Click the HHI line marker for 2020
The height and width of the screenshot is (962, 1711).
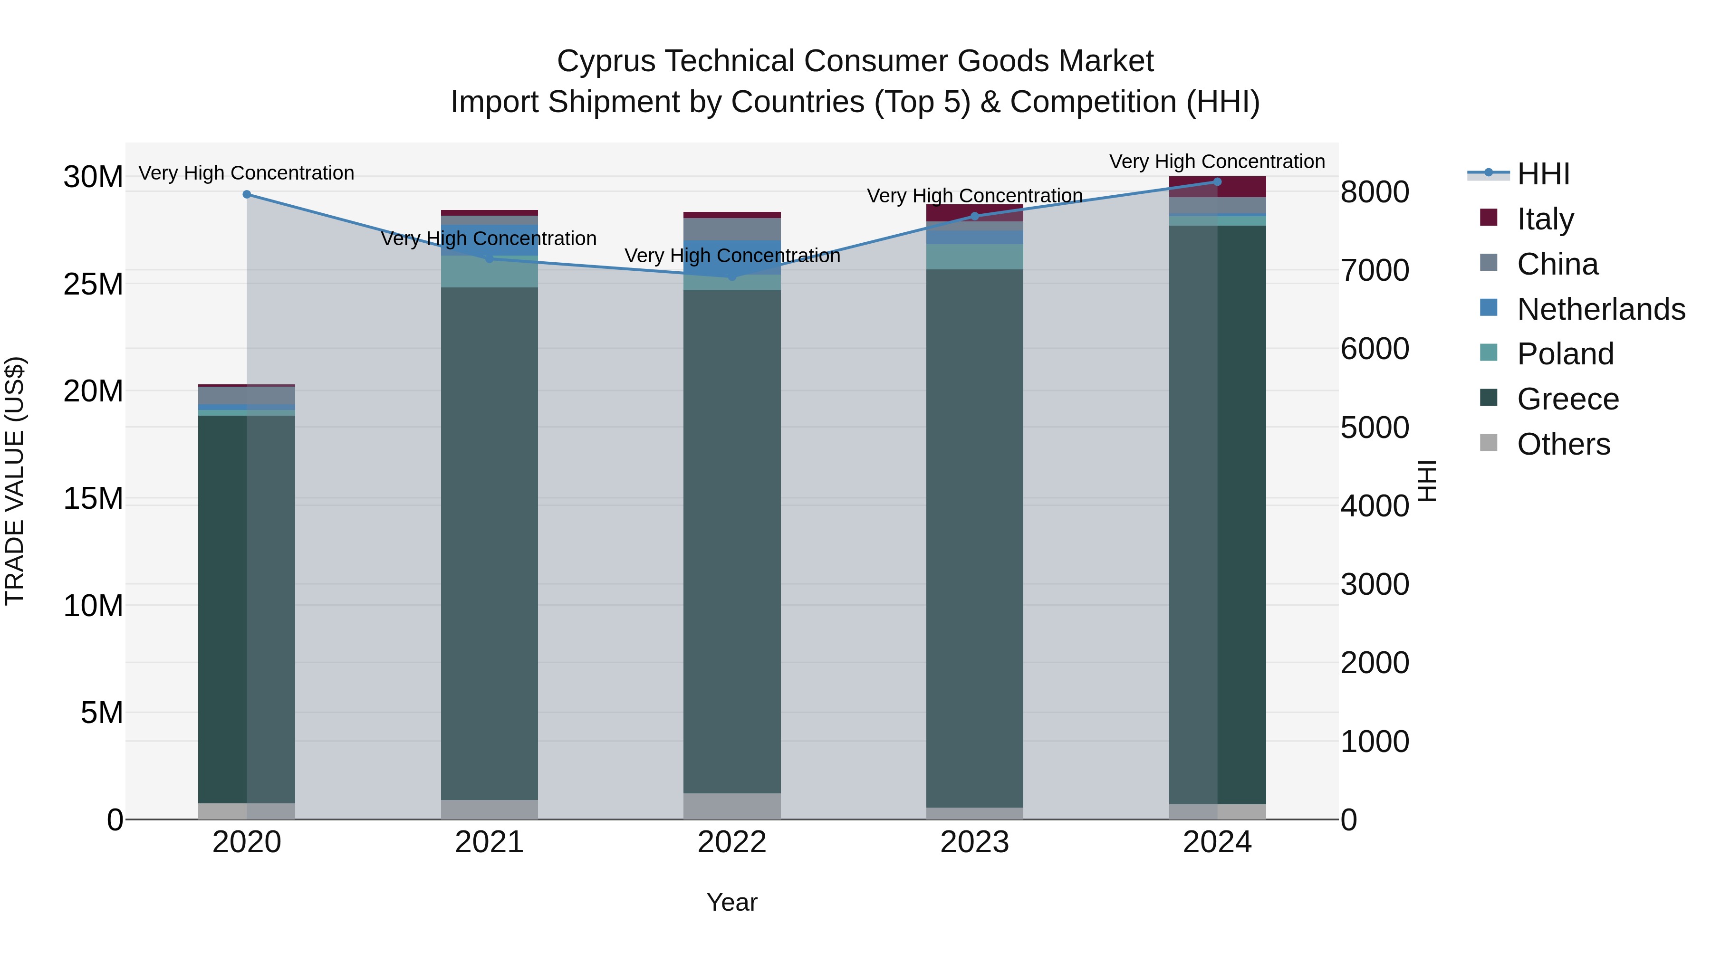[246, 194]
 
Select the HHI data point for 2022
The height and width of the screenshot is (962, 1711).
[732, 276]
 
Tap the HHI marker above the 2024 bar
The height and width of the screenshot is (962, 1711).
[1217, 182]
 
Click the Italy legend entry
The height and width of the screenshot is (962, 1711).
[1545, 219]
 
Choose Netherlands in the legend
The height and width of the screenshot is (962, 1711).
[1601, 309]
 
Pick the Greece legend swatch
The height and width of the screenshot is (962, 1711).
[1489, 399]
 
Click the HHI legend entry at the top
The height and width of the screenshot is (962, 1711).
[1543, 174]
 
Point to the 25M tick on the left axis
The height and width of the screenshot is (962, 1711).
[93, 284]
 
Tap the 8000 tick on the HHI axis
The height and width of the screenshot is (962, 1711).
[1374, 192]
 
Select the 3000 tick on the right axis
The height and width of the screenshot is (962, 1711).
[1374, 585]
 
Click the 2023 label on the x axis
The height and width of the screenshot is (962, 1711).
[974, 842]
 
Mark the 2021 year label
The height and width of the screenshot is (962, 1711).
[489, 842]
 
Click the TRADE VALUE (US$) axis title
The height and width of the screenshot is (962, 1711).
[15, 481]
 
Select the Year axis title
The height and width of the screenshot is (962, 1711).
[731, 902]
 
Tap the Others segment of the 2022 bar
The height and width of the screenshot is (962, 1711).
[732, 806]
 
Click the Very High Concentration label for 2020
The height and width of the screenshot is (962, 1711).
[246, 172]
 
